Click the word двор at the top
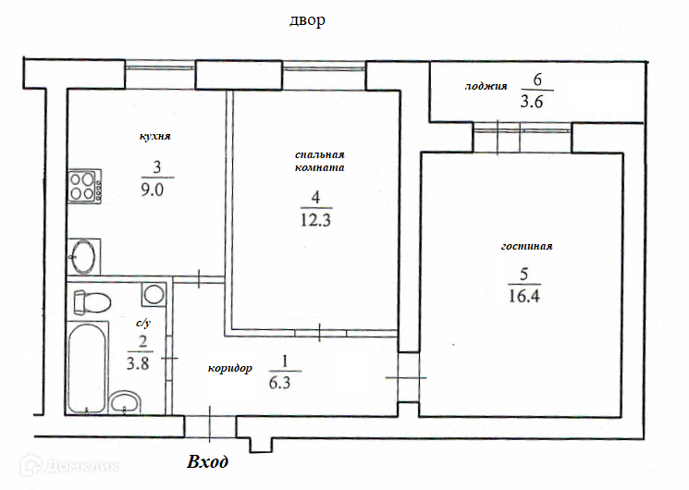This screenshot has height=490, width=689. (x=307, y=20)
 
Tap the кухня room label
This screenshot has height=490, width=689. (x=155, y=136)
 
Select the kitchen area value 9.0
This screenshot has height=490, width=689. (x=152, y=190)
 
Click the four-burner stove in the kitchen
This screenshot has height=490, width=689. (x=84, y=187)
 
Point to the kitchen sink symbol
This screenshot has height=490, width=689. (x=84, y=257)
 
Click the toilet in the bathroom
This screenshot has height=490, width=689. (x=92, y=302)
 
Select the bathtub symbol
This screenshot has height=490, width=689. (x=87, y=367)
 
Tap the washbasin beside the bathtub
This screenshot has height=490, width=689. (x=125, y=402)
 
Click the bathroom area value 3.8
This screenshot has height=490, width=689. (x=138, y=364)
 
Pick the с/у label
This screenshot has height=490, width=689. (x=143, y=323)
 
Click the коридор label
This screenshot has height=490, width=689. (x=229, y=368)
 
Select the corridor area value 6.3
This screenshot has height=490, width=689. (x=279, y=383)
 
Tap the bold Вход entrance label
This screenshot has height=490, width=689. (x=208, y=462)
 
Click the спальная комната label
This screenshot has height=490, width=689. (x=319, y=161)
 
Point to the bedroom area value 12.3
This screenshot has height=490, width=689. (x=315, y=220)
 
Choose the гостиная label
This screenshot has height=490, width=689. (x=527, y=246)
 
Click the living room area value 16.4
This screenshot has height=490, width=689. (x=523, y=296)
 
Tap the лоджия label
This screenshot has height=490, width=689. (x=486, y=86)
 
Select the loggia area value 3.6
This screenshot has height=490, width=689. (x=532, y=102)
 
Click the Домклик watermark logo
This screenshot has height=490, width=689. (x=70, y=465)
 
